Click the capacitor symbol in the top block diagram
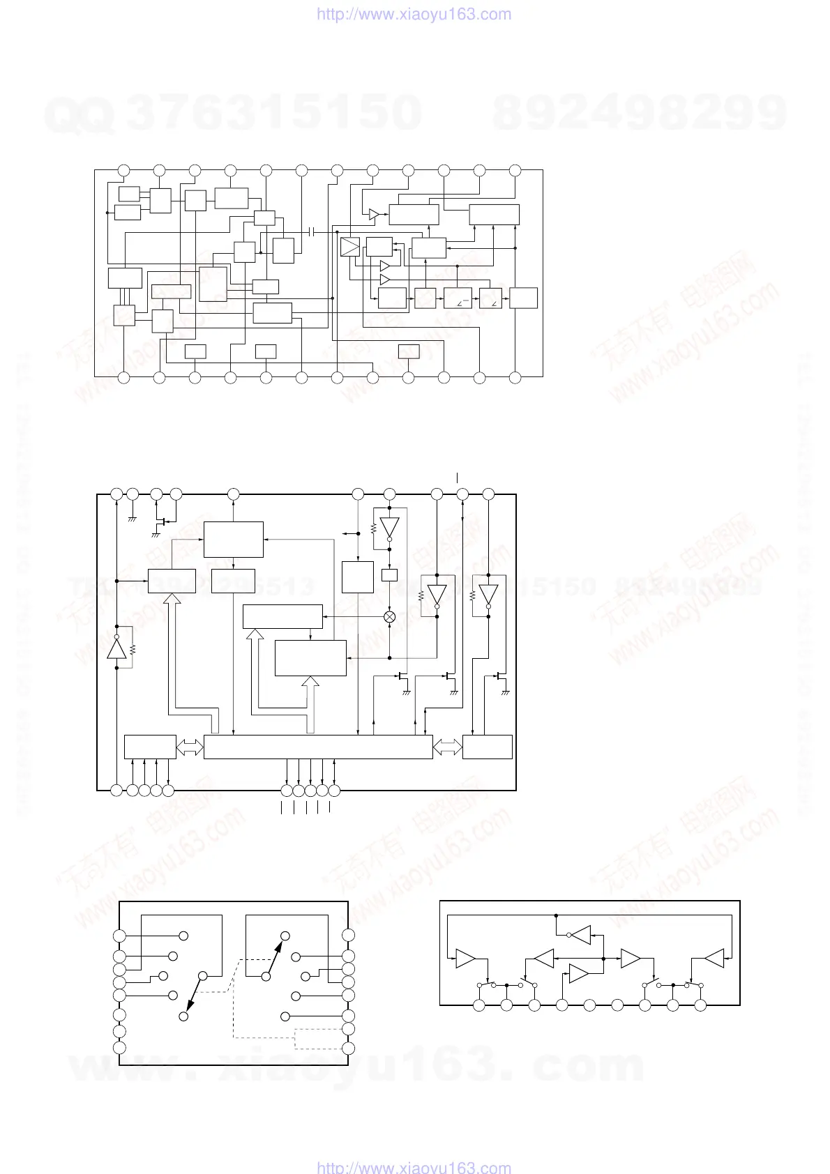pyautogui.click(x=312, y=231)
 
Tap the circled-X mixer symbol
pyautogui.click(x=390, y=617)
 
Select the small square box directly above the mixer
pyautogui.click(x=390, y=575)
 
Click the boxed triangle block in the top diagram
pyautogui.click(x=350, y=247)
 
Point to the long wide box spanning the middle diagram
pyautogui.click(x=318, y=747)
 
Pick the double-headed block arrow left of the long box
pyautogui.click(x=190, y=747)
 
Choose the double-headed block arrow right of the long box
pyautogui.click(x=448, y=747)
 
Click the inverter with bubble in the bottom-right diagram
pyautogui.click(x=580, y=935)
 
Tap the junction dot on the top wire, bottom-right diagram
pyautogui.click(x=556, y=915)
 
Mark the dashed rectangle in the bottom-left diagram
pyautogui.click(x=317, y=1039)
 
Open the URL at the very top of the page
pyautogui.click(x=414, y=15)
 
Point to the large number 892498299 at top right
pyautogui.click(x=640, y=113)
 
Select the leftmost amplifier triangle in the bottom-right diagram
pyautogui.click(x=465, y=959)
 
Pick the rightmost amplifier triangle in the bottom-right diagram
pyautogui.click(x=714, y=959)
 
